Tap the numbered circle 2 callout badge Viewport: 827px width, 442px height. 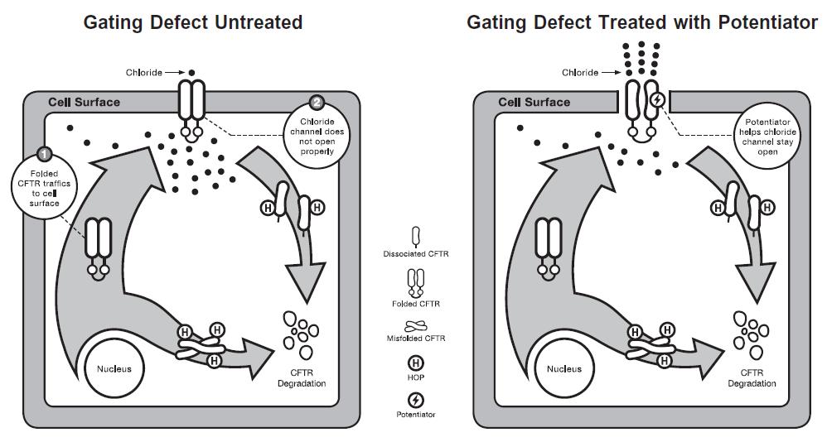tap(317, 103)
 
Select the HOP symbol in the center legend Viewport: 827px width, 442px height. tap(415, 363)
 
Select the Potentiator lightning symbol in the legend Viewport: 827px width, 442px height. tap(415, 400)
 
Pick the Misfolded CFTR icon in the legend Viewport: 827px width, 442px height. tap(415, 327)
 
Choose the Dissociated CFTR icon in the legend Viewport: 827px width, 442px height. tap(415, 236)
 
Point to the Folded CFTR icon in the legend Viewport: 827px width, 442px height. tap(415, 284)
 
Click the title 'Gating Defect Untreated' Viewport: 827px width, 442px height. tap(193, 22)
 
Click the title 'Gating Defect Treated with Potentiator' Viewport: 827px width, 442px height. tap(642, 22)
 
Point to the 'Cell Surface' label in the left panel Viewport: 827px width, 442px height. tap(84, 103)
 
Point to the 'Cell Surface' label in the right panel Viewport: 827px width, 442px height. tap(534, 103)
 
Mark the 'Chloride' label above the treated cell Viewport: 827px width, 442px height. tap(580, 73)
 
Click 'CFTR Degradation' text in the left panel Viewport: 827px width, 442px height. tap(302, 378)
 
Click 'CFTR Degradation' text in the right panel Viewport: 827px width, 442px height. tap(752, 378)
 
